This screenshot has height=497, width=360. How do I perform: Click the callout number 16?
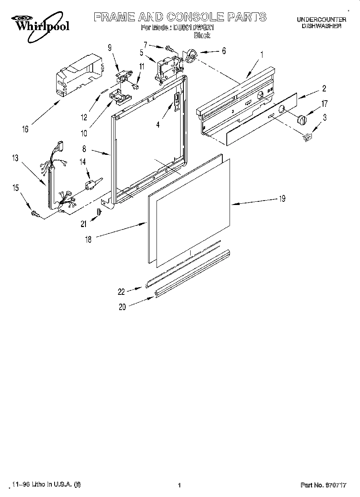[x=26, y=129]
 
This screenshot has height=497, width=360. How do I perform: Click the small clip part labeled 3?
[x=307, y=138]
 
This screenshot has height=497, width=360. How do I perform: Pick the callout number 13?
[x=15, y=158]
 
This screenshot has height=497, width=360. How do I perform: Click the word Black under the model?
[x=202, y=35]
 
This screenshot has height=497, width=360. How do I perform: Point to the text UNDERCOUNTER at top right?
[x=321, y=19]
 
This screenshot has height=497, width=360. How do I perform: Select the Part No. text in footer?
[x=323, y=485]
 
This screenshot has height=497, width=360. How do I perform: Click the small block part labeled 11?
[x=136, y=85]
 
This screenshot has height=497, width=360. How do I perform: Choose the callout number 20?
[x=122, y=307]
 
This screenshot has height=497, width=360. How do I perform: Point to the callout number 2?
[x=324, y=89]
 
